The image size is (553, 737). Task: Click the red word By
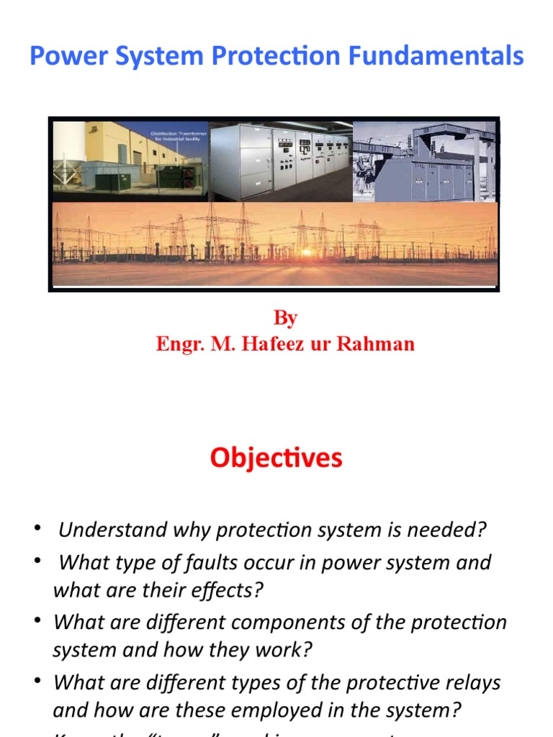tap(285, 318)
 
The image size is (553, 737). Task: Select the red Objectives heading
tap(276, 458)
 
